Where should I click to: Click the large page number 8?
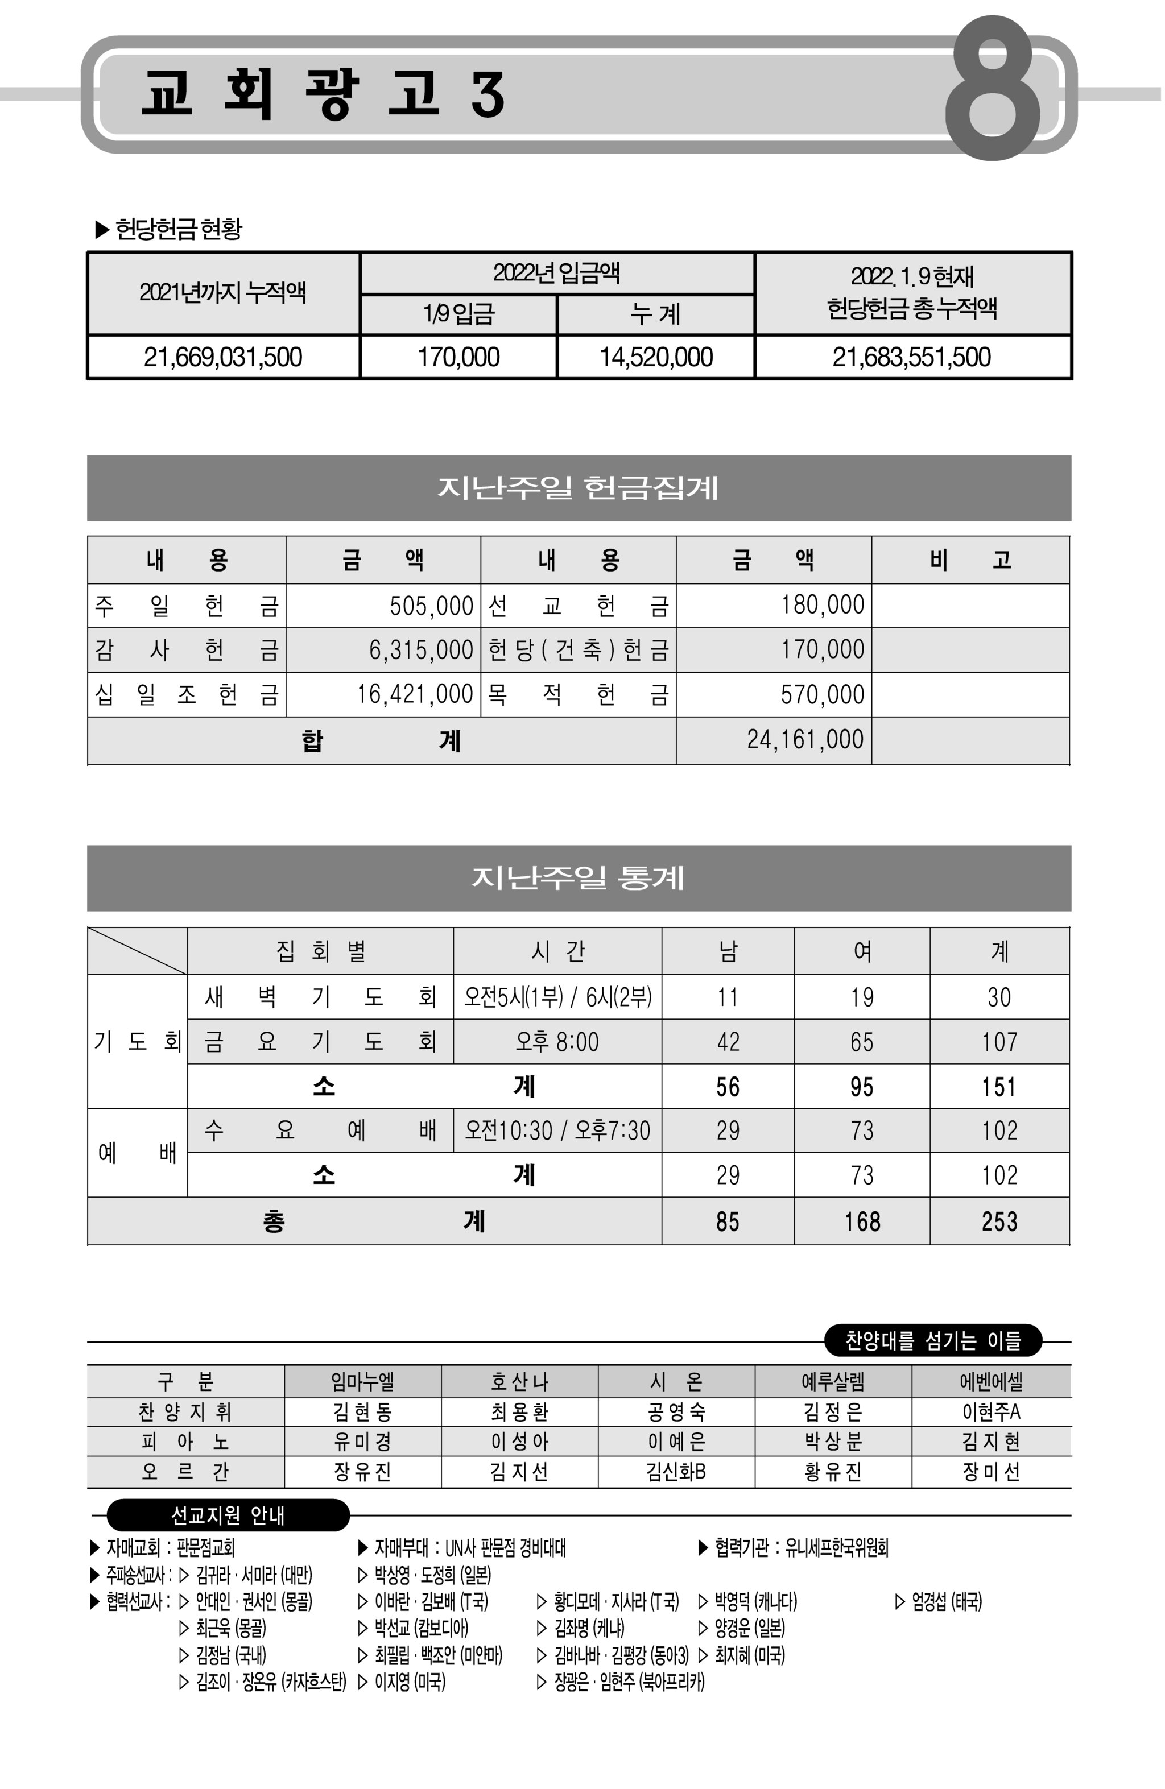pyautogui.click(x=993, y=89)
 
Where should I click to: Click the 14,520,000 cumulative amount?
pyautogui.click(x=656, y=357)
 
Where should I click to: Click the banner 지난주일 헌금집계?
pyautogui.click(x=579, y=488)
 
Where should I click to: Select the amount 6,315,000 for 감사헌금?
pyautogui.click(x=420, y=649)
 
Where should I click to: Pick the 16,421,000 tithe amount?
pyautogui.click(x=415, y=694)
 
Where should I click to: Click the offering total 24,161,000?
pyautogui.click(x=805, y=740)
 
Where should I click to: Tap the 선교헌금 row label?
pyautogui.click(x=577, y=606)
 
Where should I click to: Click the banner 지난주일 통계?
pyautogui.click(x=579, y=877)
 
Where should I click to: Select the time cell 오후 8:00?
pyautogui.click(x=557, y=1042)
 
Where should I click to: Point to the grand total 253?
pyautogui.click(x=999, y=1221)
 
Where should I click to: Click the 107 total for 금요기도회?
pyautogui.click(x=999, y=1042)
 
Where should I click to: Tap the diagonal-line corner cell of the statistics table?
pyautogui.click(x=137, y=951)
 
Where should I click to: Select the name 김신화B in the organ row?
pyautogui.click(x=675, y=1472)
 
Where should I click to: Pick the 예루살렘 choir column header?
pyautogui.click(x=833, y=1382)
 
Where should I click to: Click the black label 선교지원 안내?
pyautogui.click(x=228, y=1515)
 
